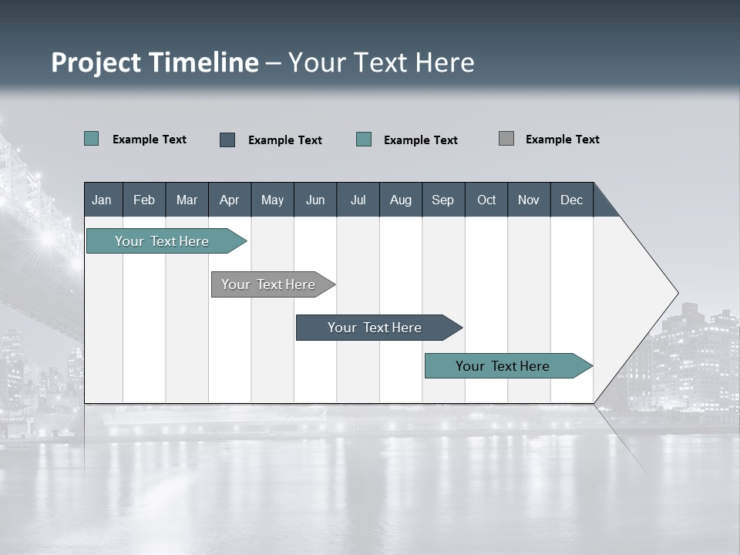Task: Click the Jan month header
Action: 102,200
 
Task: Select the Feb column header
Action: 144,200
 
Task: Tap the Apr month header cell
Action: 229,200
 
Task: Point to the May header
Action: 272,200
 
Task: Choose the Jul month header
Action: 358,200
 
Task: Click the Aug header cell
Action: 400,200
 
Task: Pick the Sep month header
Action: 442,200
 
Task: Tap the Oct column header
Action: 486,200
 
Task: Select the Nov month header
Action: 529,200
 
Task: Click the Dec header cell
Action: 571,200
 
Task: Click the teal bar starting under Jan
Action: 162,241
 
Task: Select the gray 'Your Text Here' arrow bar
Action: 269,284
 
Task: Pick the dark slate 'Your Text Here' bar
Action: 375,328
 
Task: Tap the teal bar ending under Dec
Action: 503,366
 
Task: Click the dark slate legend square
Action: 227,140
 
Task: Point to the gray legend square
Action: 506,139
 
